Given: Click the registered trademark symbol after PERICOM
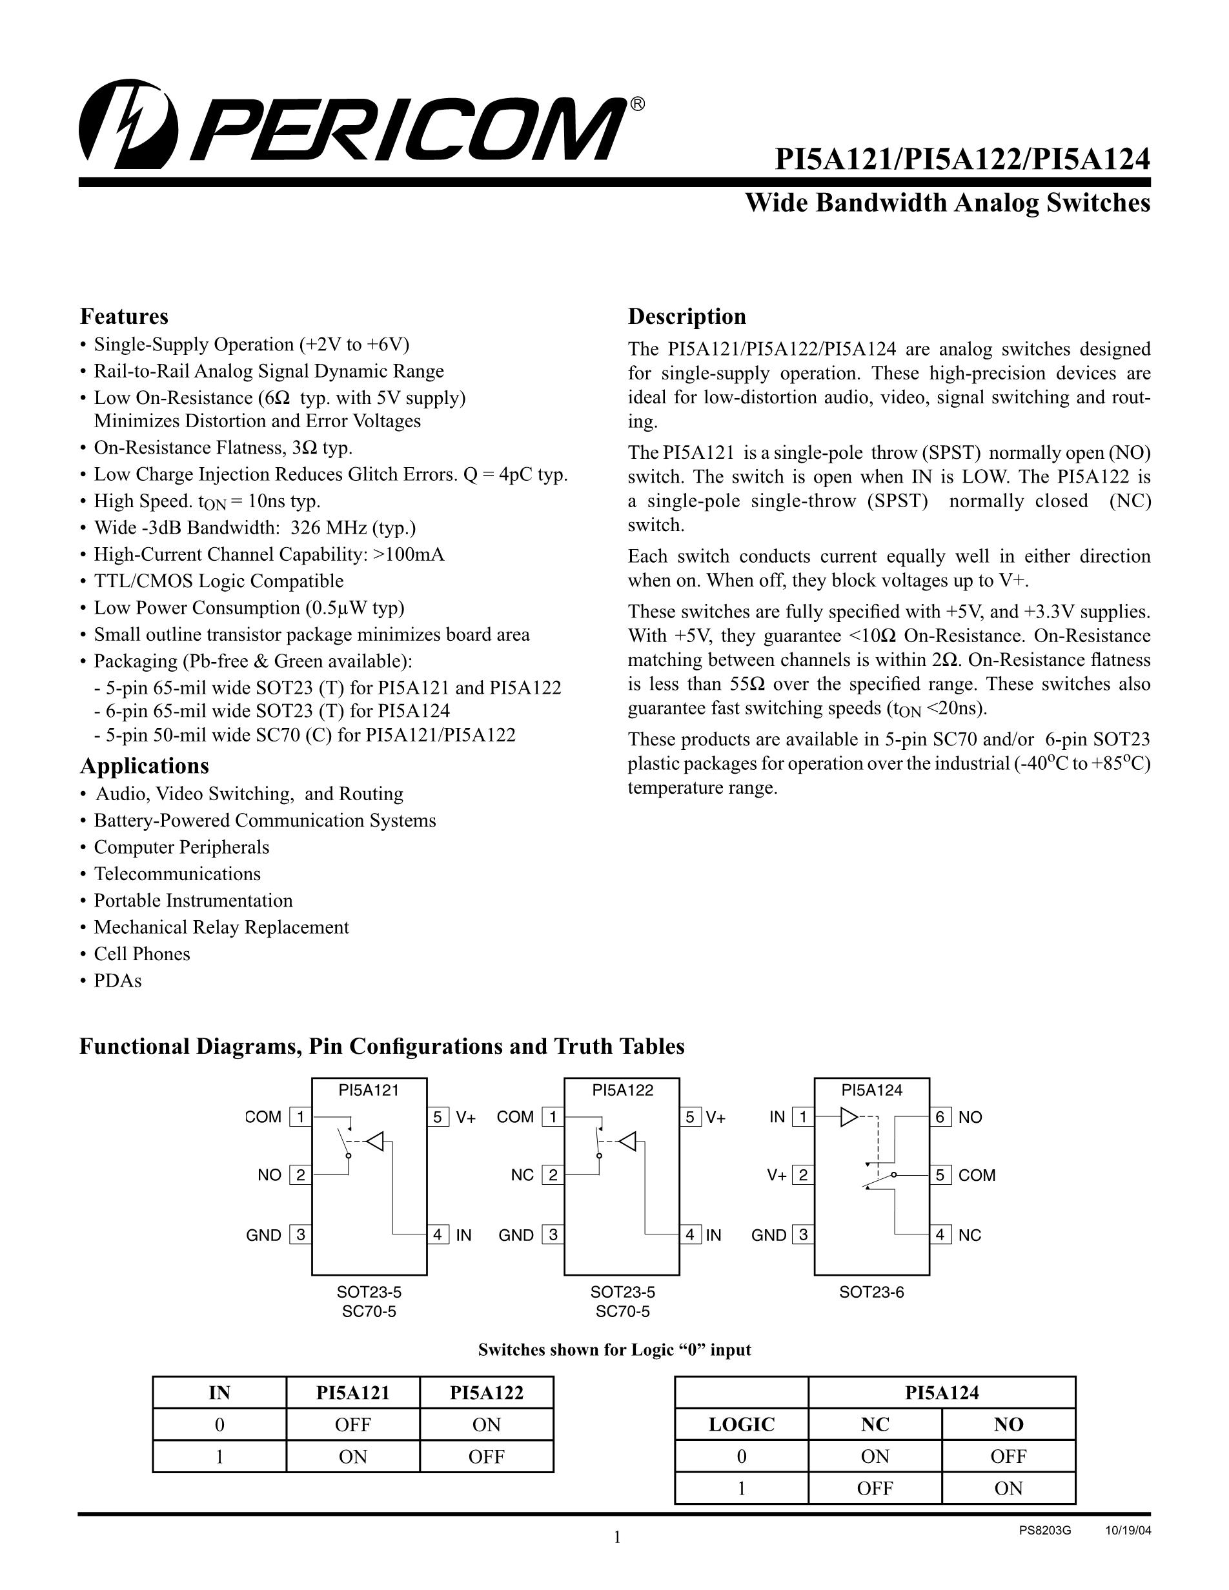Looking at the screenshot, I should (636, 105).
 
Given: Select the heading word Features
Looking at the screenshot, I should (124, 317).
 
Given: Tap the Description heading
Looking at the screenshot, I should (687, 317).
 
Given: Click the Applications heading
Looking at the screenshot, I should (144, 766).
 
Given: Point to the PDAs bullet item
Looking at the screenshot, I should (117, 981).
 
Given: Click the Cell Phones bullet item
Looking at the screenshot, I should (141, 954).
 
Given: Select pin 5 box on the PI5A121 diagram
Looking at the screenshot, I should (438, 1117).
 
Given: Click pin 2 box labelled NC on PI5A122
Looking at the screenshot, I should (553, 1175).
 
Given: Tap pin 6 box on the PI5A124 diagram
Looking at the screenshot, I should (940, 1117).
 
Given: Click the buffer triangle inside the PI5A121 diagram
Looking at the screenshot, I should (374, 1142).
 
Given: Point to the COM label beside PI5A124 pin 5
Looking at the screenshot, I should (977, 1175).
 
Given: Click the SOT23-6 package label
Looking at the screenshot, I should (871, 1293).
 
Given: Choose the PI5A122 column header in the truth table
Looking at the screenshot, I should (486, 1393).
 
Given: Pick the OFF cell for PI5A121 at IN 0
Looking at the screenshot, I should (353, 1425).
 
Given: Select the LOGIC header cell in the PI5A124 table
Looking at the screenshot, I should (741, 1425).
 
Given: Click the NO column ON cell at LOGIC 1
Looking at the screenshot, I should (1008, 1489).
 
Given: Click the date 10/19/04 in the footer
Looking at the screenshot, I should (1128, 1531).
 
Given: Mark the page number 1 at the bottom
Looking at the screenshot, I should (616, 1538).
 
